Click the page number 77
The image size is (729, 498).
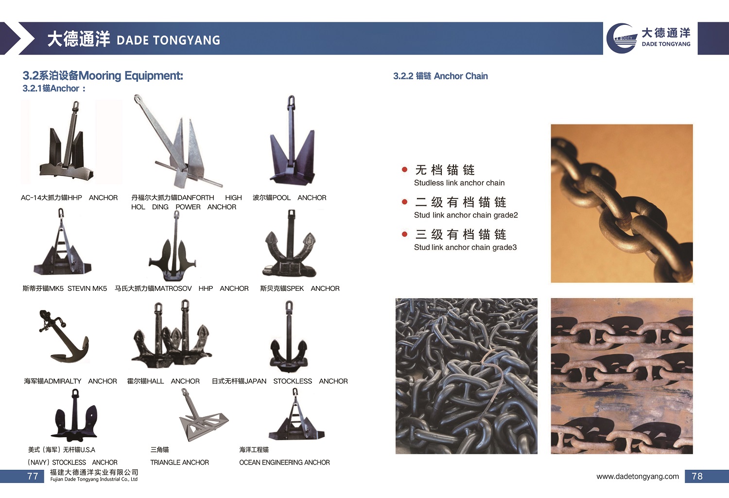point(33,476)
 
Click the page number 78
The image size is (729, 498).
point(697,476)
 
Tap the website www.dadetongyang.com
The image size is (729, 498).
point(638,477)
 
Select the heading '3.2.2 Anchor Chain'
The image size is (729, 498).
point(440,76)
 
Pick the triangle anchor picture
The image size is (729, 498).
point(204,415)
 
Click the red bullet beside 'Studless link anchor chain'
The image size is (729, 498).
point(404,169)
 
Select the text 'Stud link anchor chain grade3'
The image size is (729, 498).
point(466,247)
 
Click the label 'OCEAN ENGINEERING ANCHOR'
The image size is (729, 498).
point(284,462)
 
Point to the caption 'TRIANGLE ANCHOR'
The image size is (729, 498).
point(180,462)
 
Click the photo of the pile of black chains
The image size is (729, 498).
point(467,376)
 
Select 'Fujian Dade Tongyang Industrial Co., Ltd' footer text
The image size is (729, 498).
point(94,480)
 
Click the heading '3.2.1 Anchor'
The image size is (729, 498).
point(54,88)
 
